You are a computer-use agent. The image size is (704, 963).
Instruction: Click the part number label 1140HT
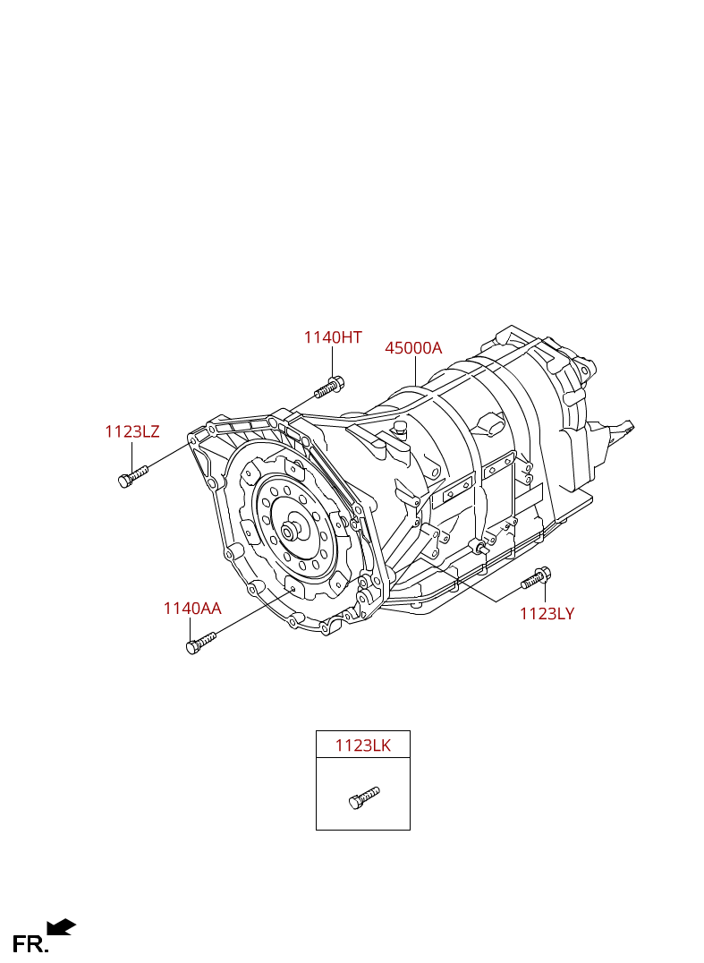tap(333, 337)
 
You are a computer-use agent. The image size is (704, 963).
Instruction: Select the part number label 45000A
tap(413, 347)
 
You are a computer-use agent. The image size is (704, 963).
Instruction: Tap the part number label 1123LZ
tap(132, 431)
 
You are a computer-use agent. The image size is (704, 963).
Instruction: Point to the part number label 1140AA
tap(192, 608)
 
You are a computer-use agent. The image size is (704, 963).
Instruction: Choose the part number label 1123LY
tap(547, 614)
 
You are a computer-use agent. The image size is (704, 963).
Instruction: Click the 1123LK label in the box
tap(363, 745)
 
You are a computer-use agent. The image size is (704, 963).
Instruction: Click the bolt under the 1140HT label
tap(329, 388)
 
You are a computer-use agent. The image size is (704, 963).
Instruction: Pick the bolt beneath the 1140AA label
tap(200, 643)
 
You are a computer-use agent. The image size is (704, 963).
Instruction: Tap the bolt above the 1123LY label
tap(537, 578)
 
